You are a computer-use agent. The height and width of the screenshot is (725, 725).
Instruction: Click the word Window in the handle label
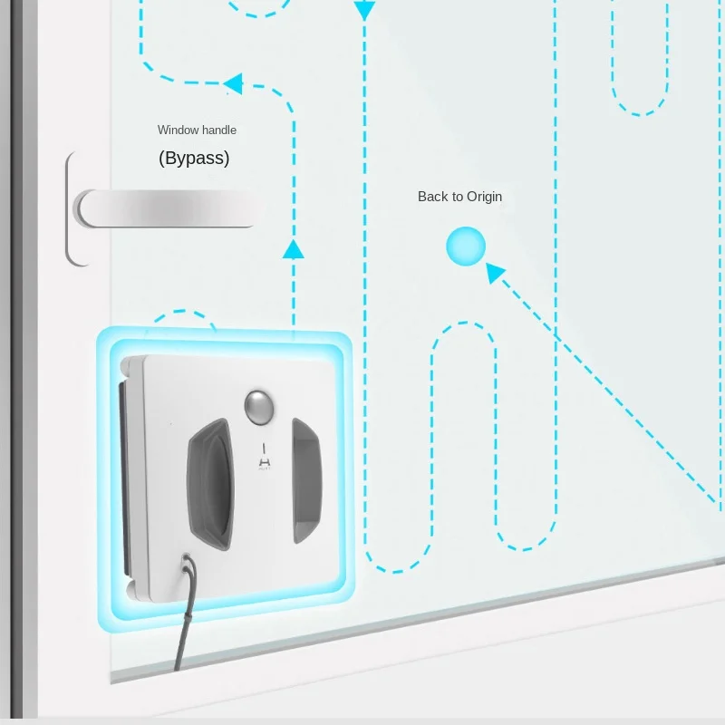[x=177, y=130]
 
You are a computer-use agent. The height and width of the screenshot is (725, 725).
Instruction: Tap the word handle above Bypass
[x=218, y=130]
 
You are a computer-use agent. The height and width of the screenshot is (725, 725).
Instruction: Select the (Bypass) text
[x=194, y=158]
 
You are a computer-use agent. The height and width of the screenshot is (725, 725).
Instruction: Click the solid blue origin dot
[x=466, y=246]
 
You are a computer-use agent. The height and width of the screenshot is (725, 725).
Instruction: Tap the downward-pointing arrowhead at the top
[x=364, y=11]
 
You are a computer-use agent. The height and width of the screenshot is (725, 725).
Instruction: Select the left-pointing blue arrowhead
[x=233, y=84]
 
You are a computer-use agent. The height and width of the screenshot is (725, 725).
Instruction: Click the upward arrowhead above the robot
[x=293, y=248]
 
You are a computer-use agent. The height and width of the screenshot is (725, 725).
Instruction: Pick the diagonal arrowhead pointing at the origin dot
[x=494, y=270]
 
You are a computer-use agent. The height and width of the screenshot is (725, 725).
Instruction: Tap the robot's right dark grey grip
[x=305, y=479]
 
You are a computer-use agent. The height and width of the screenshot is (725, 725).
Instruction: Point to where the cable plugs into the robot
[x=187, y=564]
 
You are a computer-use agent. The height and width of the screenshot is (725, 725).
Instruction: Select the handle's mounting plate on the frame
[x=74, y=209]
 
